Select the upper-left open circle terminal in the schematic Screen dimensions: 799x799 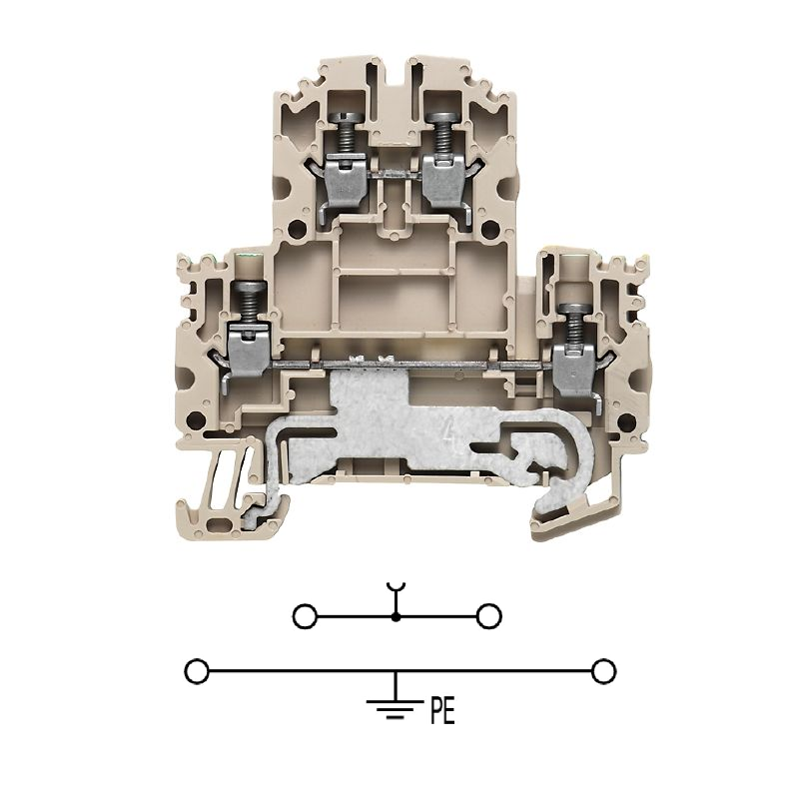pyautogui.click(x=305, y=616)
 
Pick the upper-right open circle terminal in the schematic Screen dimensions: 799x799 pyautogui.click(x=488, y=616)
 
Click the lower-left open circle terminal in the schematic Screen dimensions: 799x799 pyautogui.click(x=197, y=671)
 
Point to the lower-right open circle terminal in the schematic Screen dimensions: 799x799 pyautogui.click(x=604, y=671)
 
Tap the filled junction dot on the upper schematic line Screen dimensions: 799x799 pyautogui.click(x=396, y=617)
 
